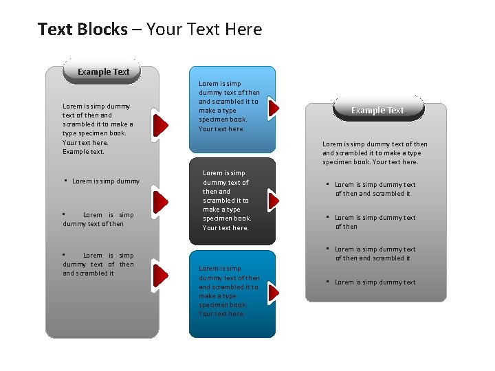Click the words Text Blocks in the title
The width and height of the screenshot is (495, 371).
pos(82,30)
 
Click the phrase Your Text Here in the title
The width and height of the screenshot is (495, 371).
pos(204,30)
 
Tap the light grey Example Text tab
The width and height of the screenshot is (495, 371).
pos(103,71)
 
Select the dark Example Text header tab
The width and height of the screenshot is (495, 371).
pos(377,110)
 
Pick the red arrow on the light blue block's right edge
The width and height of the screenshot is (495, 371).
pos(274,108)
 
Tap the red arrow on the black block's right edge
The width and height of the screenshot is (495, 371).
pos(274,200)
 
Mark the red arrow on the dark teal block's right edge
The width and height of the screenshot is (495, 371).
pos(274,293)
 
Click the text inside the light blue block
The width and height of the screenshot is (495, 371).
pos(229,106)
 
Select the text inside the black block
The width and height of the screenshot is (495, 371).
pos(227,200)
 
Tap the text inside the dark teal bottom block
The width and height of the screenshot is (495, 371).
pos(229,291)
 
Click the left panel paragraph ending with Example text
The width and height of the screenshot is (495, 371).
pos(98,128)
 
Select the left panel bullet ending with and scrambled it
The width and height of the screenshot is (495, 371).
pos(98,264)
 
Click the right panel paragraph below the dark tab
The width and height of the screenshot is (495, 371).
pos(375,153)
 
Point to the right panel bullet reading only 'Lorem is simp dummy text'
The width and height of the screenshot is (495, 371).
pos(375,282)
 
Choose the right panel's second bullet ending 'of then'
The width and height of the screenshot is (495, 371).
pos(375,222)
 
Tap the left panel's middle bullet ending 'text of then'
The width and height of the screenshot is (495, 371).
pos(98,219)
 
